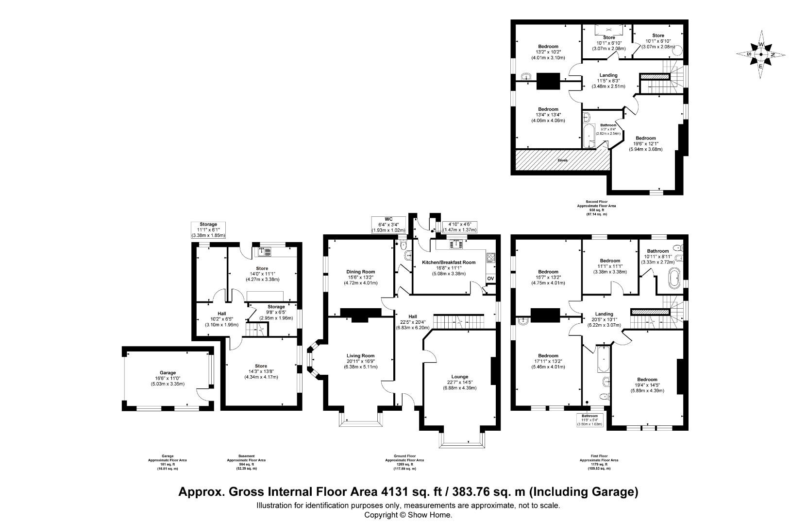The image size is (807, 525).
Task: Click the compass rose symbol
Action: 760,54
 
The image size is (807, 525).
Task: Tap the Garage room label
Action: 168,373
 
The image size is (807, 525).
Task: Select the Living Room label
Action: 360,355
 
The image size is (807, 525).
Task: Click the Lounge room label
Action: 459,377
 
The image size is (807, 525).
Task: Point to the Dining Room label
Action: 361,272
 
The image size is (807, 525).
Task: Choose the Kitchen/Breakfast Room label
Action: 448,262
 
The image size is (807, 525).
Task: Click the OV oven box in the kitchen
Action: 490,279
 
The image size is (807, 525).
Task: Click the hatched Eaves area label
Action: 562,160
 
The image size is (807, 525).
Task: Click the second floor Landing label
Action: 608,75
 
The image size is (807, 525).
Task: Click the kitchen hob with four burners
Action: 490,258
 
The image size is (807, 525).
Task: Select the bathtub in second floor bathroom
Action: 589,135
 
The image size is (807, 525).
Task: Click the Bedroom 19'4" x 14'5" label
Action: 647,380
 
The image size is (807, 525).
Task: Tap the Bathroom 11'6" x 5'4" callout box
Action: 589,420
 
